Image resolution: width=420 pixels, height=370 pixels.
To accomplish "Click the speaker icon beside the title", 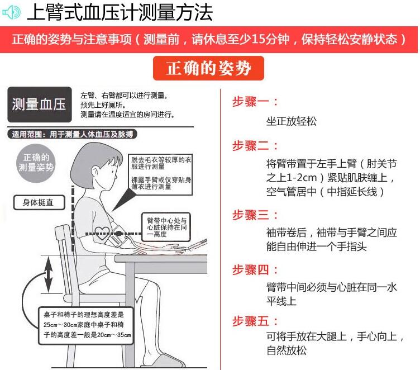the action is point(11,12).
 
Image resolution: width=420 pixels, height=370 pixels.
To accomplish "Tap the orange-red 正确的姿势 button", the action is point(208,68).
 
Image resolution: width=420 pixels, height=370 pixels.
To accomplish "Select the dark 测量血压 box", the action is point(40,105).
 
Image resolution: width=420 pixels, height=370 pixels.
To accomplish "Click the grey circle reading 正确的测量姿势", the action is point(36,163).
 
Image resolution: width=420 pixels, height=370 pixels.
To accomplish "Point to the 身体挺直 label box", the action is point(39,202).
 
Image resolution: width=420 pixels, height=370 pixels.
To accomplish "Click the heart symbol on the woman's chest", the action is point(102,233).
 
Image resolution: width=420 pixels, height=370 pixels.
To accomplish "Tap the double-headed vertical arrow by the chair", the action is point(48,274).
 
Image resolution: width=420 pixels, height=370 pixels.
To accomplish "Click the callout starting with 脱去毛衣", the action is point(160,174).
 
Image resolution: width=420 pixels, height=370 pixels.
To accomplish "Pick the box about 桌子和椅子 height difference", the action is point(86,325).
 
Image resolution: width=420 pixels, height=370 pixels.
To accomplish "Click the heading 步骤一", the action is point(255,102).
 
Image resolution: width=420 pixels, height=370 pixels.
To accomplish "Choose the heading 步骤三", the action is point(255,215).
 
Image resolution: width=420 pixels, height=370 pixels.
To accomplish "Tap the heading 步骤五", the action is point(255,321).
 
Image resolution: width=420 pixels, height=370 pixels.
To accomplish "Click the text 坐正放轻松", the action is point(291,121).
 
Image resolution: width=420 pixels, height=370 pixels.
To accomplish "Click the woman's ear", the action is point(96,172).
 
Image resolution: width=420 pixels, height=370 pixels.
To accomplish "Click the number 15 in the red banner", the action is point(259,40).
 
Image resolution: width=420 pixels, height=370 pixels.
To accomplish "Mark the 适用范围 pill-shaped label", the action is point(72,134).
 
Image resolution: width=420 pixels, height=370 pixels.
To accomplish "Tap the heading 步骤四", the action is point(255,270).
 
